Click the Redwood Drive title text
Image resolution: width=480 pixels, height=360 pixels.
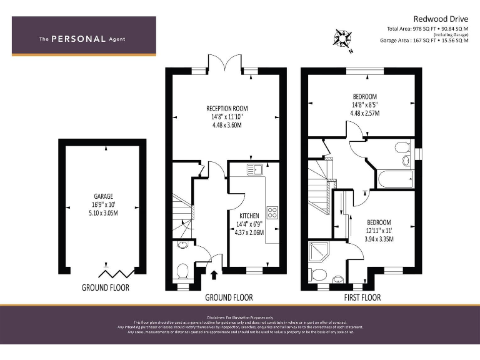pos(441,19)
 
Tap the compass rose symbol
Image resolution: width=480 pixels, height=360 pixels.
pos(342,39)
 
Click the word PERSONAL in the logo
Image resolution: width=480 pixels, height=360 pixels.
pos(78,39)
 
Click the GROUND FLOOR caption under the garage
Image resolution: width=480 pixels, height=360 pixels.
pos(105,287)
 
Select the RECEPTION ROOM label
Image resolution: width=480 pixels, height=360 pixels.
pos(227,108)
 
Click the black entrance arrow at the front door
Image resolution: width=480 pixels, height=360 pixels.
pos(214,274)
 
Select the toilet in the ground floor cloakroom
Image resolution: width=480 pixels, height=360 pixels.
pos(183,271)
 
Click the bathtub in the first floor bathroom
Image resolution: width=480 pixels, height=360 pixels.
pos(394,180)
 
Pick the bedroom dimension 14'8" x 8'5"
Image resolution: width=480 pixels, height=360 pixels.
pos(365,105)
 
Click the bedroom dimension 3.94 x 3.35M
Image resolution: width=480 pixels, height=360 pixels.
pos(379,239)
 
